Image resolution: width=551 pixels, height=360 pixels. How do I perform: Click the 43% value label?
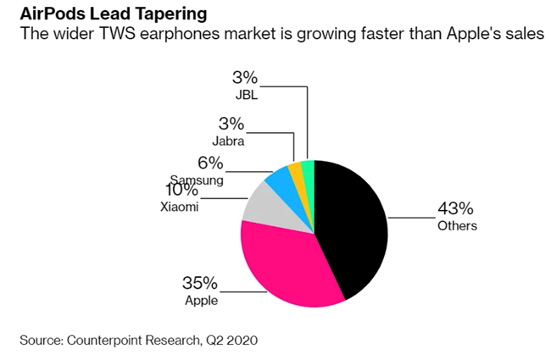[x=454, y=208]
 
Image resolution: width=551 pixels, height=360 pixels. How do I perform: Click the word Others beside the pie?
[x=457, y=226]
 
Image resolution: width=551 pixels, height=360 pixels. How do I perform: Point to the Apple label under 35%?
[x=201, y=301]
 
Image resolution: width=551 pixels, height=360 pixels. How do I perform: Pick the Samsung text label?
[x=196, y=180]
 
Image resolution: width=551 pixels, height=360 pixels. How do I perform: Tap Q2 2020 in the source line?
[x=229, y=341]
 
